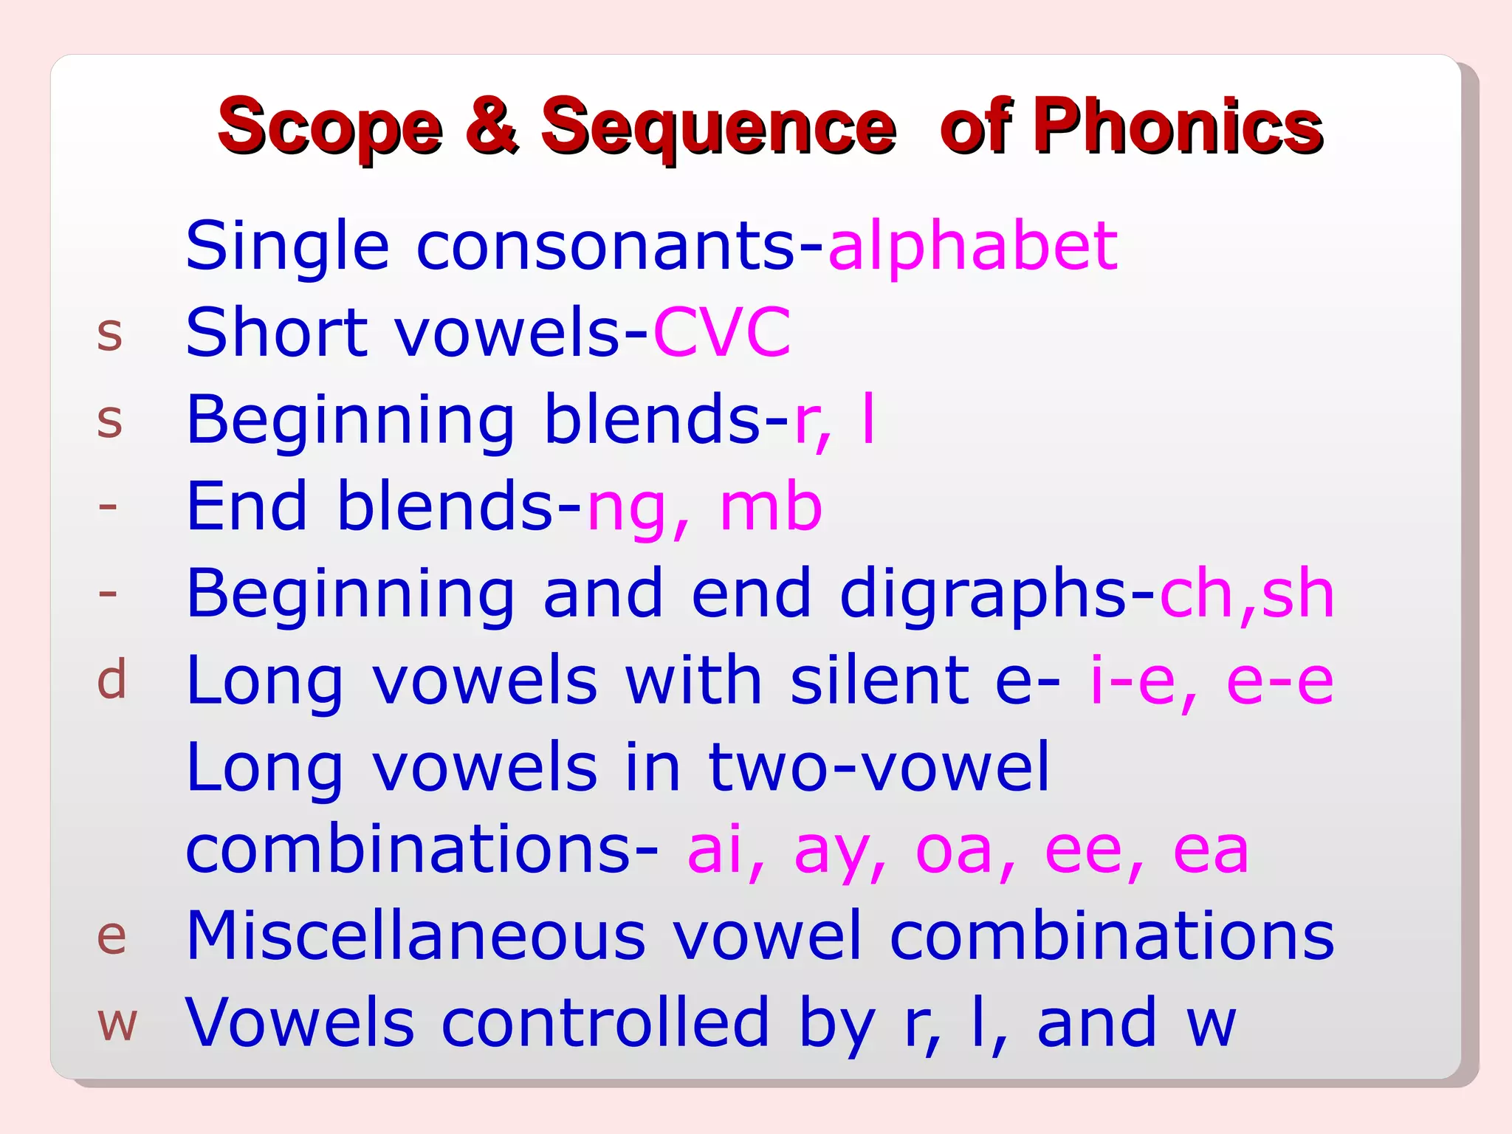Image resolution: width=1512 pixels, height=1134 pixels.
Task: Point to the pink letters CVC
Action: click(721, 333)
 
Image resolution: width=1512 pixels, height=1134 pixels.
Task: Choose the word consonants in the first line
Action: click(605, 247)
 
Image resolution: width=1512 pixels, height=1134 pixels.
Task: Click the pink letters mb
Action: click(771, 507)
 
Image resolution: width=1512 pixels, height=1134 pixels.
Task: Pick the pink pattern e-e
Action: click(1280, 681)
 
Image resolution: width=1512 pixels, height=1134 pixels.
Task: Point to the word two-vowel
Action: click(879, 767)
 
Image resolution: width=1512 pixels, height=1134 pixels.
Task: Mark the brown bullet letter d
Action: click(111, 680)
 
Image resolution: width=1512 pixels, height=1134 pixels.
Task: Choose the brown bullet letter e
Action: click(111, 937)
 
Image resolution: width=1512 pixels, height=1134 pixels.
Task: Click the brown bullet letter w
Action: click(117, 1024)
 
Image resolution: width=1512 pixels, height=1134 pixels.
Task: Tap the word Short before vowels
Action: click(277, 333)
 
